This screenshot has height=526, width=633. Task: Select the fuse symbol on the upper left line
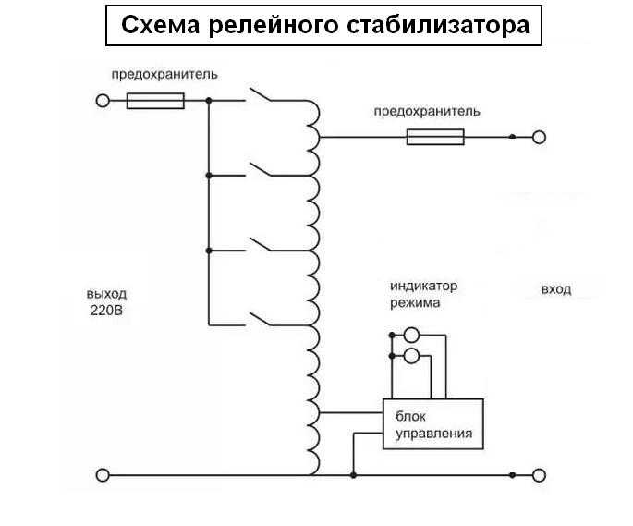154,100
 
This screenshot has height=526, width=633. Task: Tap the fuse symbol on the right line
436,137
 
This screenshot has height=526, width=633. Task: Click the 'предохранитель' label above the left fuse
164,73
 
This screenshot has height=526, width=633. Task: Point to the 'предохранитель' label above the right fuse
426,111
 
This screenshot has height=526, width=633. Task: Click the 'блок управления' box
433,424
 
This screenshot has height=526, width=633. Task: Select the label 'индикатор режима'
423,294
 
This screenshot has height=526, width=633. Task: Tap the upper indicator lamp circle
412,336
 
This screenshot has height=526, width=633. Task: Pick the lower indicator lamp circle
412,356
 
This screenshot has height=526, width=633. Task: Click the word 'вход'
555,289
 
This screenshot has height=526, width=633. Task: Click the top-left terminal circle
103,100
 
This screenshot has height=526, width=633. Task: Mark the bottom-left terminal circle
103,475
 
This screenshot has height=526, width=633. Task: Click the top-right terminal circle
540,137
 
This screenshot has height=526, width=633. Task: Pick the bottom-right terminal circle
540,475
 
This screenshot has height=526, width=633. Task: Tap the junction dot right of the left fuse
209,100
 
